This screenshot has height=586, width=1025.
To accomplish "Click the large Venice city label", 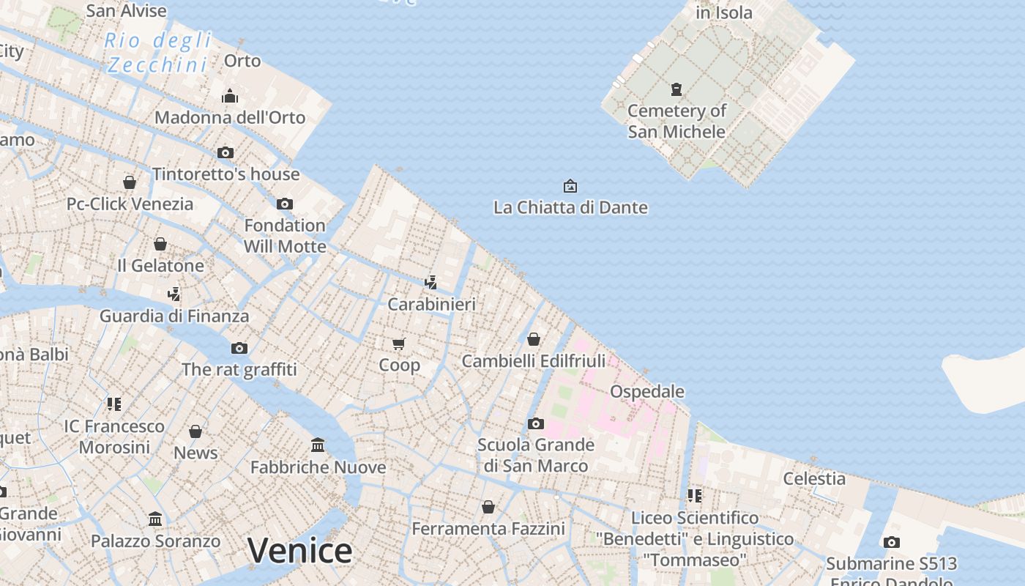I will point(299,550).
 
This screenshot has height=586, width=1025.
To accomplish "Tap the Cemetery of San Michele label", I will point(676,121).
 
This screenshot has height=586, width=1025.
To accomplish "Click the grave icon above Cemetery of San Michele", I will point(676,89).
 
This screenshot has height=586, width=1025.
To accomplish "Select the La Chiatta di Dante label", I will point(570,207).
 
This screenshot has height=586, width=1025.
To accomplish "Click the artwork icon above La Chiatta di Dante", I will point(570,186).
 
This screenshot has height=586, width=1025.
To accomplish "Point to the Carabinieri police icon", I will point(431,282).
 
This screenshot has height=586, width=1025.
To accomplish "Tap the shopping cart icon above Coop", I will point(399,344).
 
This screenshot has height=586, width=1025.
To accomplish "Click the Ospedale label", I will point(647,391).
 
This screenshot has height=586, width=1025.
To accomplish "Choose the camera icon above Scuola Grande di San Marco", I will point(536,423).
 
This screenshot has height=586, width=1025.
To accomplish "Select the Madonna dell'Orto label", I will point(230,117).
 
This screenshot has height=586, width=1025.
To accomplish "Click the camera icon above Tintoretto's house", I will point(225,152).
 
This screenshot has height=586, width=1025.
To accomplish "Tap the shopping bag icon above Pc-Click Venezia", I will point(130,182).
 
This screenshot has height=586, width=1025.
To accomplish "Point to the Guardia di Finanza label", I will point(174,316).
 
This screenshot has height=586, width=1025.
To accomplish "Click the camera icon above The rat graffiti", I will point(239,348).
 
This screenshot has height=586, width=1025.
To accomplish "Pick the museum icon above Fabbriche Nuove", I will point(318,445).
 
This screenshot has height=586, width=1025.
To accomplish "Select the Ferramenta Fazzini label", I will point(488,528).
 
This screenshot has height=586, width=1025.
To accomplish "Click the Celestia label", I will point(814,478).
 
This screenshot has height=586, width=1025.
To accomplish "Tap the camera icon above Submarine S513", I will point(891,542).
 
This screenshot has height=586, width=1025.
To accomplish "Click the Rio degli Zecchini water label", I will point(157,52).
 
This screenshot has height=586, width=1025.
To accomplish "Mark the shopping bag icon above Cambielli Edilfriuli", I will point(534,339).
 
